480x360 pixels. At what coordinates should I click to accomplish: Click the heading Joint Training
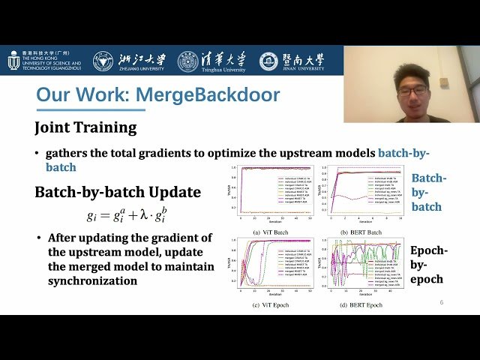(x=85, y=127)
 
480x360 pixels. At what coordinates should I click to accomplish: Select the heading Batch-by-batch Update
(x=118, y=192)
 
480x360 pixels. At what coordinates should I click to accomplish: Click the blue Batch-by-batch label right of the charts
(x=430, y=192)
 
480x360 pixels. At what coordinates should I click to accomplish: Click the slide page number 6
(x=442, y=302)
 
